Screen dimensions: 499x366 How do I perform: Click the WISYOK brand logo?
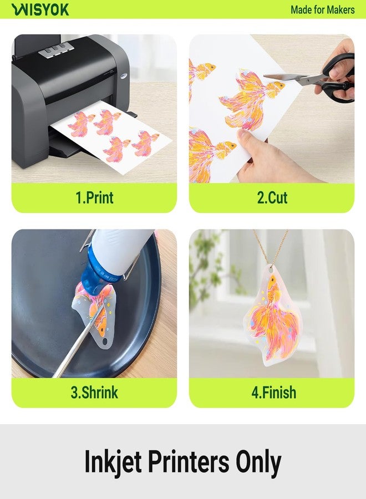40,9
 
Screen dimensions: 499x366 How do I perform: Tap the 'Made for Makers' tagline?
322,9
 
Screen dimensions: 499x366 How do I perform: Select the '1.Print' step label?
94,198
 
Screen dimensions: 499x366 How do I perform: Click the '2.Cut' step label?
272,198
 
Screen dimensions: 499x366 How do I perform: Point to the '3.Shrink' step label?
94,393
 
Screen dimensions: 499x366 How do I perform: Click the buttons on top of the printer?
52,51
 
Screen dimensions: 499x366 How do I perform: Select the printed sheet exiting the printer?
111,136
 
